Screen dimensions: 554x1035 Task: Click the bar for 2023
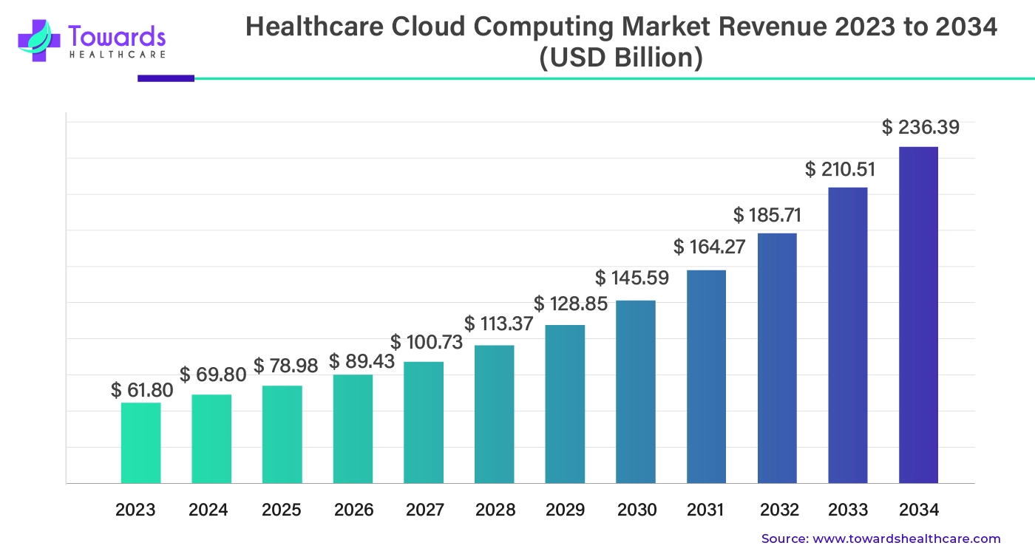click(140, 443)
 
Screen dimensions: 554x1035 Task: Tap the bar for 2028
click(494, 414)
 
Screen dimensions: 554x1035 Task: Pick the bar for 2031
click(706, 377)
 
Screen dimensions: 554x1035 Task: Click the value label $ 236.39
click(920, 128)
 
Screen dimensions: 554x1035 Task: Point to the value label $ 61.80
click(142, 390)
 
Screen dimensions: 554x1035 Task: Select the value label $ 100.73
click(427, 343)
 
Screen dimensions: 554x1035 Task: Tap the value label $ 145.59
click(632, 278)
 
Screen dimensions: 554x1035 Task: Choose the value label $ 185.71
click(767, 216)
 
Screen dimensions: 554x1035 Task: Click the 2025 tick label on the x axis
click(282, 510)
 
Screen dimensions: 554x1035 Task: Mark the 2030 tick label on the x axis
click(637, 510)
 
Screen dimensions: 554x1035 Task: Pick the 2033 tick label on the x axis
click(847, 510)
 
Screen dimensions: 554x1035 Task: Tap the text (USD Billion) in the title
click(621, 58)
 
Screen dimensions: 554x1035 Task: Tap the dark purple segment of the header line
click(166, 78)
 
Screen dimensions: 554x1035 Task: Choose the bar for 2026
click(353, 429)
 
